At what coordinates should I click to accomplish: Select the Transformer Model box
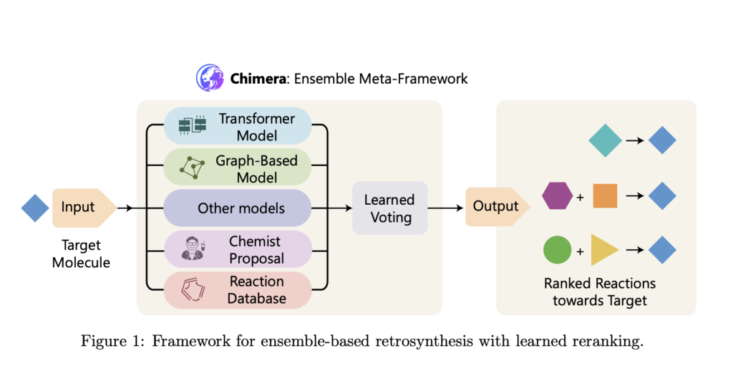tap(237, 126)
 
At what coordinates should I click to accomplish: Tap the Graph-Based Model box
tap(237, 168)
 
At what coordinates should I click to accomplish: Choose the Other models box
tap(237, 208)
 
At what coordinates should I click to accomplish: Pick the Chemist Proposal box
tap(237, 250)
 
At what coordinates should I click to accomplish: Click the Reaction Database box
tap(237, 290)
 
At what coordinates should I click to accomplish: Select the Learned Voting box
tap(389, 208)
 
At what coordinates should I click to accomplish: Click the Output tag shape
tap(497, 206)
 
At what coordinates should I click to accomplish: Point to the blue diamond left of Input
tap(35, 208)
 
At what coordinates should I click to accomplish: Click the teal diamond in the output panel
tap(605, 140)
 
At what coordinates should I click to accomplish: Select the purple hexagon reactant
tap(557, 196)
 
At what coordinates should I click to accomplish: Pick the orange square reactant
tap(605, 196)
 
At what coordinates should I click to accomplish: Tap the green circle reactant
tap(557, 251)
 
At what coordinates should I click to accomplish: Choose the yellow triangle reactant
tap(603, 251)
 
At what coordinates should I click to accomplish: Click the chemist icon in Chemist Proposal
tap(193, 249)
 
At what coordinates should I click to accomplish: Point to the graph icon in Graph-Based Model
tap(192, 168)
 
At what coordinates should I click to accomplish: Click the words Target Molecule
tap(81, 253)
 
